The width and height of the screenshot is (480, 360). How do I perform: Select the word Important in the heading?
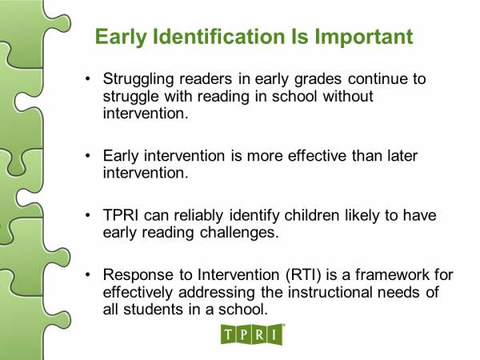point(359,37)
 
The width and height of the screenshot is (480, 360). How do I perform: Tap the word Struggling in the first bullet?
point(138,79)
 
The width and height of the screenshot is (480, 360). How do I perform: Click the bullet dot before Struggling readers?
point(89,80)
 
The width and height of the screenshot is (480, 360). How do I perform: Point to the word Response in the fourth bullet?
point(135,276)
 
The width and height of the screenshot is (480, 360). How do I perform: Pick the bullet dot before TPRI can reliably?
point(89,216)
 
